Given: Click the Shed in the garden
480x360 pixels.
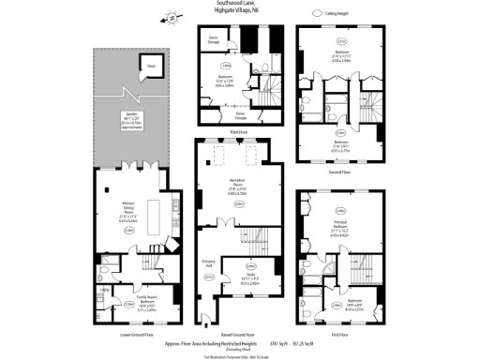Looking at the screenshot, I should [150, 66].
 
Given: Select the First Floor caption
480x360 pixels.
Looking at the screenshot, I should [339, 333].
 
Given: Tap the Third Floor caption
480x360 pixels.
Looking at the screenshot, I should [237, 133].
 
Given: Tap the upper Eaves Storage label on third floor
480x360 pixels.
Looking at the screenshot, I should [214, 40].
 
